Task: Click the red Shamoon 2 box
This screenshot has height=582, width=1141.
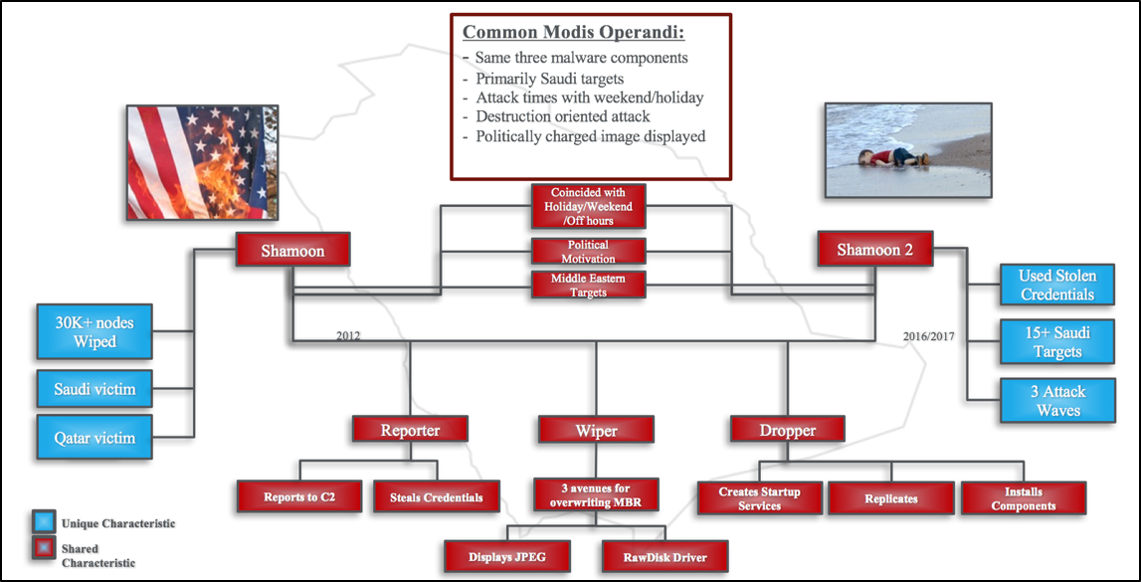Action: [875, 250]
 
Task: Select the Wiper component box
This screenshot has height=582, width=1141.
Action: [596, 431]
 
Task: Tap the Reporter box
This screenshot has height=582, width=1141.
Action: [410, 430]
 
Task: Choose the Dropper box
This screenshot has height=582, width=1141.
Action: [787, 430]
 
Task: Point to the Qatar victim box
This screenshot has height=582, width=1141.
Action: [95, 438]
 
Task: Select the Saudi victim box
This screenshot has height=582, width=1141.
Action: [95, 389]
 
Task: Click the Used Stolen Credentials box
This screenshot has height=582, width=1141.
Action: [1056, 285]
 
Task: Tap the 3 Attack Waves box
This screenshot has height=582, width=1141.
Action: [1056, 401]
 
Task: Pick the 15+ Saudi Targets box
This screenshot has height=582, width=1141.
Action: [1056, 342]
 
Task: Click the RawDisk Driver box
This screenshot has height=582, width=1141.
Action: [665, 556]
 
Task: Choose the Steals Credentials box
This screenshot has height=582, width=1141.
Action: [429, 497]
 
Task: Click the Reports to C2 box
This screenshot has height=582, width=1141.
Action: [298, 497]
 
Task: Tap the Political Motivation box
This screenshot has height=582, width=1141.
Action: [588, 252]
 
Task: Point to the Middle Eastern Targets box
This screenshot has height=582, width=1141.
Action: [588, 286]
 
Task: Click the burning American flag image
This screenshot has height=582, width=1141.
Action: [202, 161]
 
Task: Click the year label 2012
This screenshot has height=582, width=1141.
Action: [347, 336]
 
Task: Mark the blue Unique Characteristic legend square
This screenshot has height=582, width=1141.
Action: [44, 522]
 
